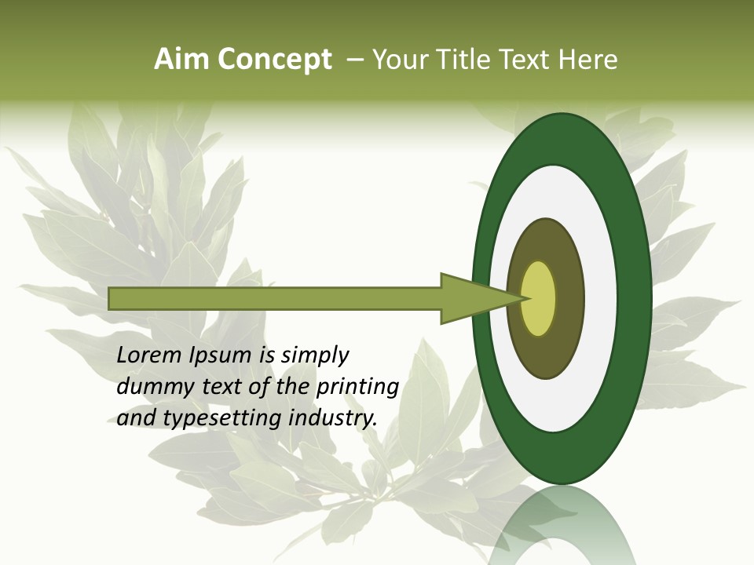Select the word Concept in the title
(x=274, y=59)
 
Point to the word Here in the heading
(x=587, y=59)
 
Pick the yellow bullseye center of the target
(x=539, y=298)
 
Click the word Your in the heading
(x=397, y=59)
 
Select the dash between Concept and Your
(x=355, y=59)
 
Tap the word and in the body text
(x=134, y=419)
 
